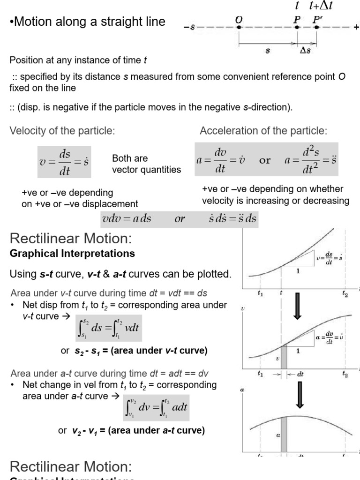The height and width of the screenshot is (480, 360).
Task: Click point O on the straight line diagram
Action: pyautogui.click(x=239, y=27)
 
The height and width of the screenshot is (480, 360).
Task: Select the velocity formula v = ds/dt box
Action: pyautogui.click(x=64, y=162)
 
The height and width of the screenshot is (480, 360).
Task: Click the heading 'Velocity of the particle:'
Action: pyautogui.click(x=62, y=131)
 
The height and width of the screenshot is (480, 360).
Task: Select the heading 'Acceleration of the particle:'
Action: pyautogui.click(x=263, y=131)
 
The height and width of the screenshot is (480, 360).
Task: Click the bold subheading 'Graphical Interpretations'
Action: pyautogui.click(x=72, y=254)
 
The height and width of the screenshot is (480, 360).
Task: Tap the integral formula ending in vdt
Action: pyautogui.click(x=108, y=330)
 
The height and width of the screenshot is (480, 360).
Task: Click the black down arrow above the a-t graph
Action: pyautogui.click(x=300, y=398)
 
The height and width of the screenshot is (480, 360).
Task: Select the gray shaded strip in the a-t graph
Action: pyautogui.click(x=284, y=436)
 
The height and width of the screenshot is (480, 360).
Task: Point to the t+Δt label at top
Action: pyautogui.click(x=320, y=6)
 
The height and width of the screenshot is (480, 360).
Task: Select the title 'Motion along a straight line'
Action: pyautogui.click(x=87, y=22)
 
